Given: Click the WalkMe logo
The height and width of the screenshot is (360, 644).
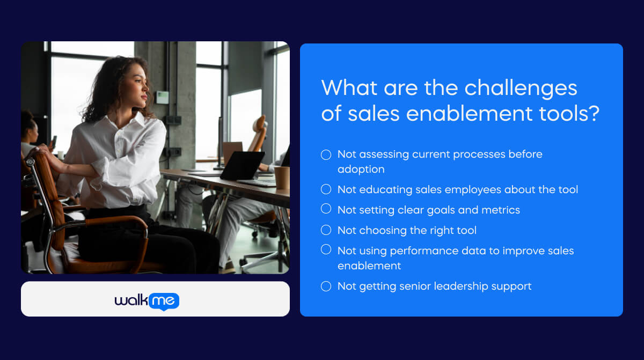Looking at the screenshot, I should coord(147,302).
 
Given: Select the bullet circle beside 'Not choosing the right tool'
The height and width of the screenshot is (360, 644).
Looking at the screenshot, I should coord(326,230).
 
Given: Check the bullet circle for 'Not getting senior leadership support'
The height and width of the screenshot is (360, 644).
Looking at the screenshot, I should coord(326,286).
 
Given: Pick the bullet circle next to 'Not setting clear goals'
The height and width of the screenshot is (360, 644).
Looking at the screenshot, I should coord(326,209).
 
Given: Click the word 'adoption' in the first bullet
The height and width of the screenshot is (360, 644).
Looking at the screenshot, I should coord(361,168).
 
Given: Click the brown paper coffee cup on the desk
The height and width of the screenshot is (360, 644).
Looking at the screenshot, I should coord(282,178).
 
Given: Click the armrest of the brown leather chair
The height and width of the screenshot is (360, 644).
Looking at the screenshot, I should coord(118,221).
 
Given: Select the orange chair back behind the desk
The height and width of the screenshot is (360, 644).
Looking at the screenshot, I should coord(259,134).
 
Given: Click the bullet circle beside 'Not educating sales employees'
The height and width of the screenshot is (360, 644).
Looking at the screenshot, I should coord(326,189).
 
